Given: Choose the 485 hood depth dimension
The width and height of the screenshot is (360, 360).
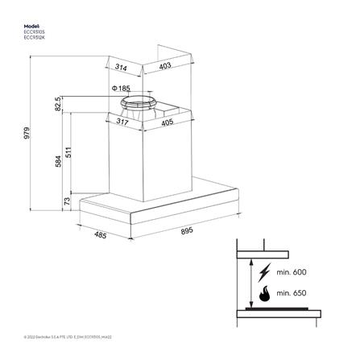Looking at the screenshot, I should point(101,236).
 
